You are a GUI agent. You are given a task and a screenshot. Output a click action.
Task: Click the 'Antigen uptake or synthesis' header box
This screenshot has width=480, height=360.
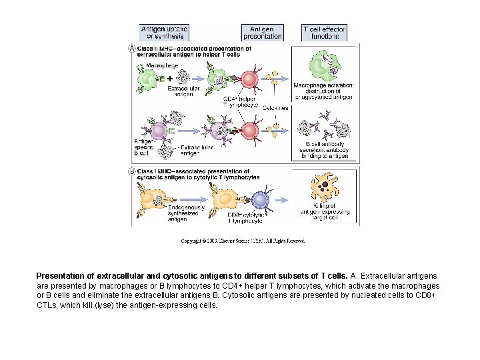164,33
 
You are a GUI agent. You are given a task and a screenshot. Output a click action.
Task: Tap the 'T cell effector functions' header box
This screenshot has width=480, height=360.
325,33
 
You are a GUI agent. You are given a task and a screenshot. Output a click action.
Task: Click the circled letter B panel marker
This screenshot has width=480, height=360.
132,171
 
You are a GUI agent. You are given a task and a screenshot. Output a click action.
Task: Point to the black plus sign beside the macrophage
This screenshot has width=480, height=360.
169,79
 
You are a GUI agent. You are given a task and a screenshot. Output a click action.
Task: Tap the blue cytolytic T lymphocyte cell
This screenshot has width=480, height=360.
260,199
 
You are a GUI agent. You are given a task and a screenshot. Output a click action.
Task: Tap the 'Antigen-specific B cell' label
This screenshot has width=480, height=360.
146,147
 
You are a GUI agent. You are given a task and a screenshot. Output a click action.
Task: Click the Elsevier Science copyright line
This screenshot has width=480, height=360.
243,241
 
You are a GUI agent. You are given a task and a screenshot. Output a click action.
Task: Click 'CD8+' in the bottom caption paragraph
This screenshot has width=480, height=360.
425,295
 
